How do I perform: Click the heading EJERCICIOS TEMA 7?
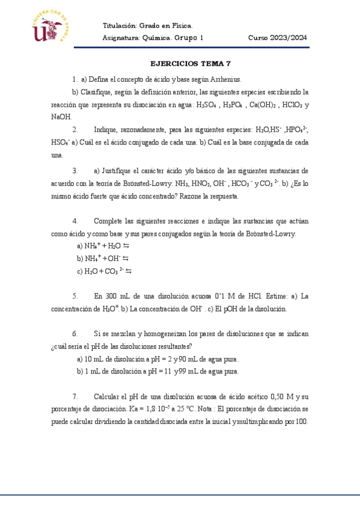pyautogui.click(x=190, y=63)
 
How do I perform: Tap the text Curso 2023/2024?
pyautogui.click(x=278, y=38)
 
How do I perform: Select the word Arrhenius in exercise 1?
pyautogui.click(x=225, y=79)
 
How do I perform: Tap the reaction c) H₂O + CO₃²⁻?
pyautogui.click(x=105, y=271)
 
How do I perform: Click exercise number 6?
pyautogui.click(x=75, y=333)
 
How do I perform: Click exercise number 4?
pyautogui.click(x=75, y=221)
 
